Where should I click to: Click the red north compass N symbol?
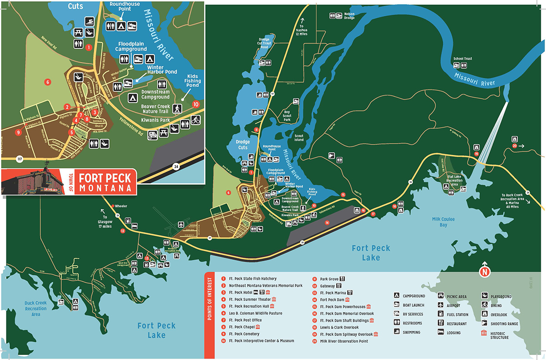484,272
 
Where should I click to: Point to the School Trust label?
462,59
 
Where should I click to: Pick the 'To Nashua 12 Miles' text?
301,30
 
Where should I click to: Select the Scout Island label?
299,138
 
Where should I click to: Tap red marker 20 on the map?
515,146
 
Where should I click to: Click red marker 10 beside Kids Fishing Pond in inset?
196,104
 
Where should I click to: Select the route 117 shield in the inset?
19,159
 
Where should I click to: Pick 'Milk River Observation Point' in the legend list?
344,341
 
